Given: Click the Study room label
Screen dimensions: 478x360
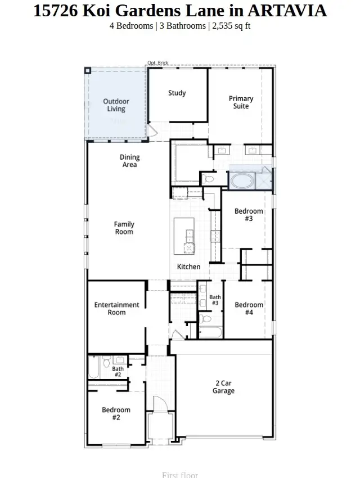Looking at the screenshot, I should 177,93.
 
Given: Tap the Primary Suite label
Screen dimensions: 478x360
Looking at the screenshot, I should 241,102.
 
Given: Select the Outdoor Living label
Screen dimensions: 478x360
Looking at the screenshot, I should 116,105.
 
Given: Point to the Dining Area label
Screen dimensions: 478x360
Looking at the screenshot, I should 129,161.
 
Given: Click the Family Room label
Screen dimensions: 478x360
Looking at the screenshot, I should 124,228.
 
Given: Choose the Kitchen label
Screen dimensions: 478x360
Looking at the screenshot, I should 188,267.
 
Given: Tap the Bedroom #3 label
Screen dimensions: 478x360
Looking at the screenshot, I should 249,215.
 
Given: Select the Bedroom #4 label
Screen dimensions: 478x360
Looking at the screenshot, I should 249,308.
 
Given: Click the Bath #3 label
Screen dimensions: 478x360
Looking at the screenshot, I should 215,300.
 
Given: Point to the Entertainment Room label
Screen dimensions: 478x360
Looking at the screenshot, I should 116,308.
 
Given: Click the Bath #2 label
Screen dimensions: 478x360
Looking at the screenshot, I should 118,372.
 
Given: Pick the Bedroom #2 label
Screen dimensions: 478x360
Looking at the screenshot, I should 116,413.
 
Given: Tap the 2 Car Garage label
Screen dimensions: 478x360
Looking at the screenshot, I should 223,387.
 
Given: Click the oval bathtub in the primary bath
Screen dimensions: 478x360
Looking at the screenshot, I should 242,181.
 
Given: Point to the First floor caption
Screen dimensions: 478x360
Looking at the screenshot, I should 180,475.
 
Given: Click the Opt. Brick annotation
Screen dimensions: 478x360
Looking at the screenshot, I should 157,63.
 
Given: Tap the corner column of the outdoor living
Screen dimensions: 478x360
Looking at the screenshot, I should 88,70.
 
